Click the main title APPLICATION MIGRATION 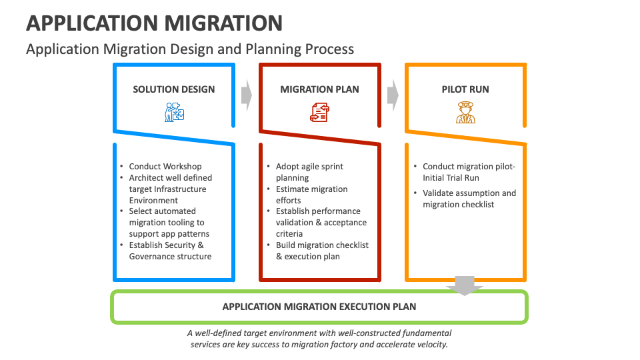(154, 23)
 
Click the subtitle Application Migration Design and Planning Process (190, 49)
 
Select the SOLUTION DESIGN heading (174, 89)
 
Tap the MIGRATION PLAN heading (319, 89)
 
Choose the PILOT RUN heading (465, 89)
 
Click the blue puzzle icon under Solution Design (174, 112)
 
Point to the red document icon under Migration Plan (319, 113)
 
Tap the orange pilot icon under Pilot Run (465, 112)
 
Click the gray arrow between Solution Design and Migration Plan (247, 95)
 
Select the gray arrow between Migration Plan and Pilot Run (393, 95)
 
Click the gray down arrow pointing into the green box (465, 285)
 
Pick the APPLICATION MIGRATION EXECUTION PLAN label (319, 307)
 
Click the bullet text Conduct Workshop (165, 167)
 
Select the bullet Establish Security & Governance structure (170, 251)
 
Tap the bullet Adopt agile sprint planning (310, 172)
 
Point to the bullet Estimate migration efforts (311, 195)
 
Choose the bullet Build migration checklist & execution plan (322, 251)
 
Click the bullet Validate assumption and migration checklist (469, 199)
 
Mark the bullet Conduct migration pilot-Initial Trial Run (469, 172)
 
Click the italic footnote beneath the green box (319, 339)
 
